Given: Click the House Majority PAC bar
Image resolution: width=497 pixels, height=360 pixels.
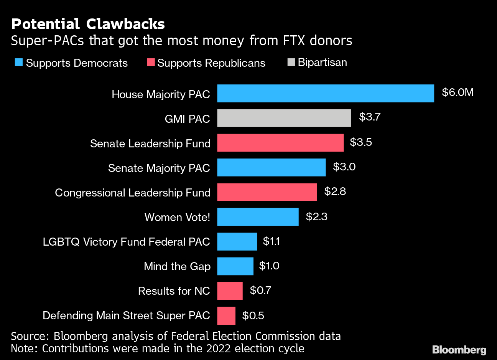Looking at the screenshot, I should tap(325, 93).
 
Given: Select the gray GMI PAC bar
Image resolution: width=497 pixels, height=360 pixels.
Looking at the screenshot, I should tap(284, 118).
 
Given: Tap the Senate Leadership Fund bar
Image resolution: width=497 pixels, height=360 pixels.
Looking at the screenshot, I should tap(280, 143).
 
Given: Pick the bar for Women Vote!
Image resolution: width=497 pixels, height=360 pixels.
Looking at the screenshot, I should tap(258, 217).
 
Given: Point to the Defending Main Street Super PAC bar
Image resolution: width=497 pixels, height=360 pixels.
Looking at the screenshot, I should tap(226, 315).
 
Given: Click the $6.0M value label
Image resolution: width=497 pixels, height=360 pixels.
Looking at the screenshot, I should tap(458, 92).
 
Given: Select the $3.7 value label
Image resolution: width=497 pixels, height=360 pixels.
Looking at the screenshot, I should tap(369, 117).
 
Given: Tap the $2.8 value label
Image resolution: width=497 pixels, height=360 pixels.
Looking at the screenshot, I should tap(335, 192).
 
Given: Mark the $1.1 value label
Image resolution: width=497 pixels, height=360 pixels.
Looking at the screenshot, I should tap(271, 241).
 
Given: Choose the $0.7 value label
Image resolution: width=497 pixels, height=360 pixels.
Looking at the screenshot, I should tap(260, 290).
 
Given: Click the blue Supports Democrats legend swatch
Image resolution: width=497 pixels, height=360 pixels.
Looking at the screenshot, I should tap(19, 63).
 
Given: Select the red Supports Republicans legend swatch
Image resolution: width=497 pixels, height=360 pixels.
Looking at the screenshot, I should tap(151, 63).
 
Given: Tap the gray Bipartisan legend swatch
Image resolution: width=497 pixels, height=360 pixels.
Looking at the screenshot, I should tap(291, 62).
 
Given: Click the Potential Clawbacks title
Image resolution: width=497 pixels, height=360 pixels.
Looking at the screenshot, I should tap(88, 24).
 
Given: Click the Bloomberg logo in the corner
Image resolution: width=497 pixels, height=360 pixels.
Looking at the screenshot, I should tap(459, 350).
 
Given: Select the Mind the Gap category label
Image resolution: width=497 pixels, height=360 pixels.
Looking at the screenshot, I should tap(177, 266).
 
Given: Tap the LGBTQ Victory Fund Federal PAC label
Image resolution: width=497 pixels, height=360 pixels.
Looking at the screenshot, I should tap(126, 242).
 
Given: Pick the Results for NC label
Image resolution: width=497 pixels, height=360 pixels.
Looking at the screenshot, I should tap(174, 291).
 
